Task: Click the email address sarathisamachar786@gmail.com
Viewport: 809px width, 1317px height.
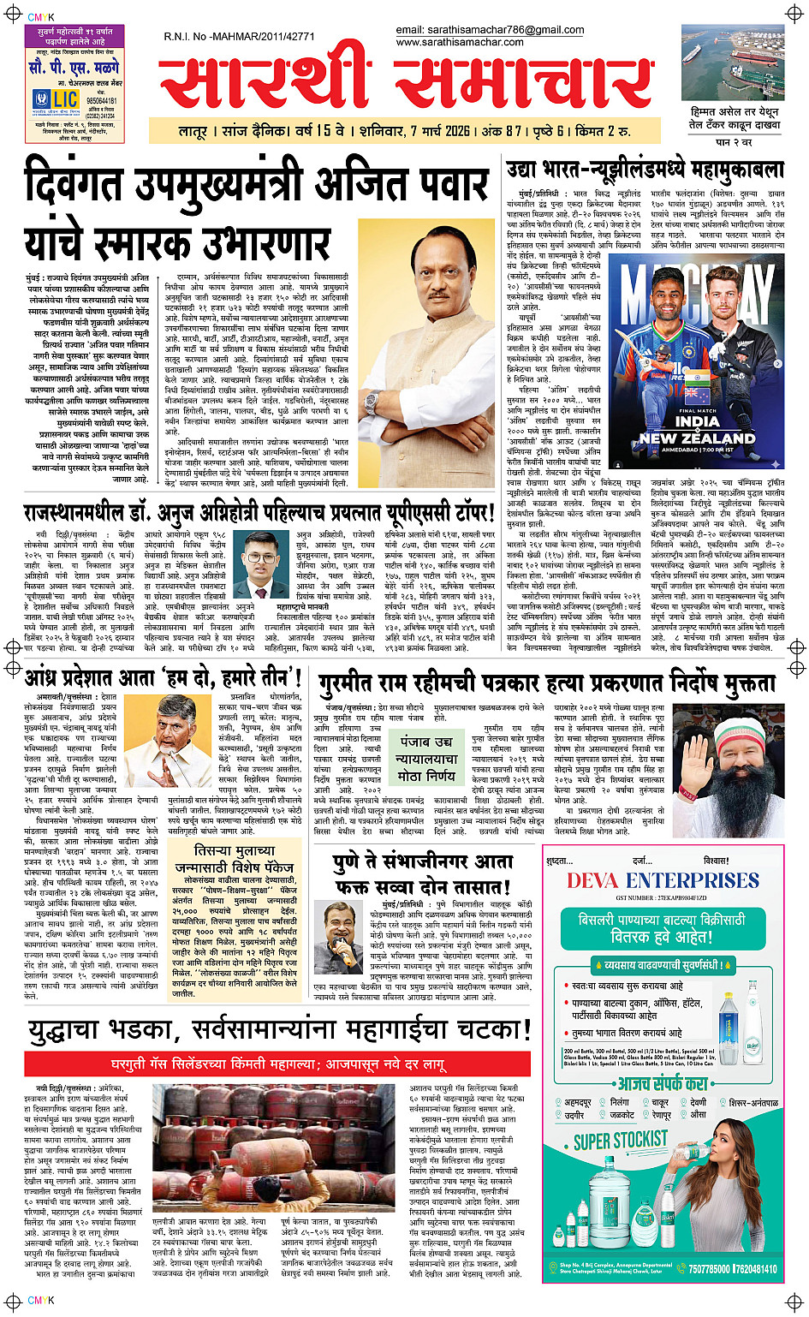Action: tap(490, 30)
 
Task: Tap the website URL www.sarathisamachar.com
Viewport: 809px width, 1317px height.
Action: tap(460, 42)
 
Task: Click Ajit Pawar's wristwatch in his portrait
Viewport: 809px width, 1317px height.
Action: tap(370, 402)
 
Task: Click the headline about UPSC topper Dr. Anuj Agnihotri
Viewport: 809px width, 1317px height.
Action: tap(259, 514)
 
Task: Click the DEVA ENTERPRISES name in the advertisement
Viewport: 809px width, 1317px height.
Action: tap(663, 880)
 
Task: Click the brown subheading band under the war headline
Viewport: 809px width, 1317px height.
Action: tap(277, 1065)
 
